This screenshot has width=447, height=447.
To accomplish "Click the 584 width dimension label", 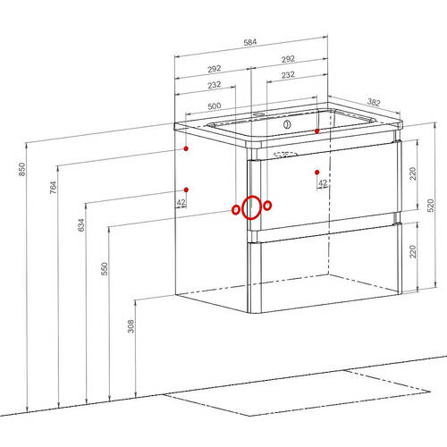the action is pos(250,42).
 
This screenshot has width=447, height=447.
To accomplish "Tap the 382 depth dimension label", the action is pos(374,103).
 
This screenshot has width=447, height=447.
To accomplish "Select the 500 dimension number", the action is pos(215,106).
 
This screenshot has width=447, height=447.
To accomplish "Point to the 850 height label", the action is pos(22,169).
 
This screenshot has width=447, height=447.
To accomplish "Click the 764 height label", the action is pos(53,187).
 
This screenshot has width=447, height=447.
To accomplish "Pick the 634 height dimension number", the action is pos(81,224).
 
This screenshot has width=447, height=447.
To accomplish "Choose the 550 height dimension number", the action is pos(105,268).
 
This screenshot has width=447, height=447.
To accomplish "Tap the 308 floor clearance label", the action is pos(131,326).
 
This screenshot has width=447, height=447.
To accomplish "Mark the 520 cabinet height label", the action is pos(431,206).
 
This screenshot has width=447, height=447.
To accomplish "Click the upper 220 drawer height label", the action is pos(413,173).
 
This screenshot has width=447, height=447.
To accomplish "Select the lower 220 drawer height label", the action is pos(413,251).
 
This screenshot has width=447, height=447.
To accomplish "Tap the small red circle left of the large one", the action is pos(236,210).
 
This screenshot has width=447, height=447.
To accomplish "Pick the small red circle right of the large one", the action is pos(267,206).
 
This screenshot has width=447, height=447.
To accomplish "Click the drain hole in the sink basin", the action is pos(287,124).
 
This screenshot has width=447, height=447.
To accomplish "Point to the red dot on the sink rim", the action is pos(317,131).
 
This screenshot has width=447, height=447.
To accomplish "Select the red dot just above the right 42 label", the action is pos(317,173).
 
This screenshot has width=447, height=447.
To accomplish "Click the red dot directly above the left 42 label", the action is pos(186,190).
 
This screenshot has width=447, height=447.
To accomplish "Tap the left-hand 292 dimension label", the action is pos(215,69).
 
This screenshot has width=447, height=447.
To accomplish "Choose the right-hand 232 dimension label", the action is pos(288,75).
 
